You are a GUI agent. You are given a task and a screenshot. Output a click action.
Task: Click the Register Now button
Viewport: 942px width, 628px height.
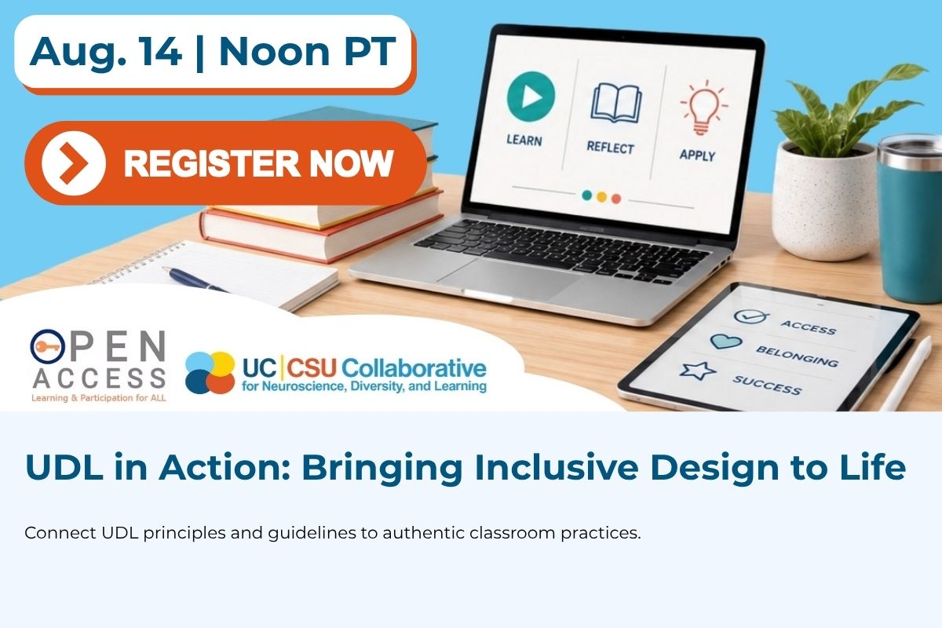pos(226,162)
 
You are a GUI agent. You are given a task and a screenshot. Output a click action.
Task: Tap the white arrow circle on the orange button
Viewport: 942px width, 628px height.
pos(74,163)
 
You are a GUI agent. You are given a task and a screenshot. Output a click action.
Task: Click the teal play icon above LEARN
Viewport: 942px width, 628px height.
pos(531,97)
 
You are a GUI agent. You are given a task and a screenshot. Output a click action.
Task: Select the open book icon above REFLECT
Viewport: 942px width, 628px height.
pos(616,103)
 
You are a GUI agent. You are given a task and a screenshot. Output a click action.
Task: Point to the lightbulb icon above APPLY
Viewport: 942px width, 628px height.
pos(703,108)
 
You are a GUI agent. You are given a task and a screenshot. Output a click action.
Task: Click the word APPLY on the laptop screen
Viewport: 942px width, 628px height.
pos(697,155)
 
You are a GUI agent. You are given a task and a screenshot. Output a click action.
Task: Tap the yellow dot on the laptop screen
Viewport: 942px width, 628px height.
pos(602,197)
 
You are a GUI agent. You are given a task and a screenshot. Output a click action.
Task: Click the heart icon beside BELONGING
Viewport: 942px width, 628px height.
pos(726,341)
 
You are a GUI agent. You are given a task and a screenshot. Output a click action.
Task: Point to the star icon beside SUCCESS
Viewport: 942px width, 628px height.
pos(698,371)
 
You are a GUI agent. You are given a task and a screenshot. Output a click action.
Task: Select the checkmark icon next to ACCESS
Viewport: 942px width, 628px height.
pos(750,316)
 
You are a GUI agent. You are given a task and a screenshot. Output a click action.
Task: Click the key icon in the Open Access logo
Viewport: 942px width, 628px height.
pos(47,347)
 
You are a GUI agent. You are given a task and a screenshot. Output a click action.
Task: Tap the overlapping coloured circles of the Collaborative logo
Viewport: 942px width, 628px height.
pos(210,372)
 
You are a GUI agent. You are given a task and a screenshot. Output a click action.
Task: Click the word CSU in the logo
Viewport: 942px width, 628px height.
pos(312,368)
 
